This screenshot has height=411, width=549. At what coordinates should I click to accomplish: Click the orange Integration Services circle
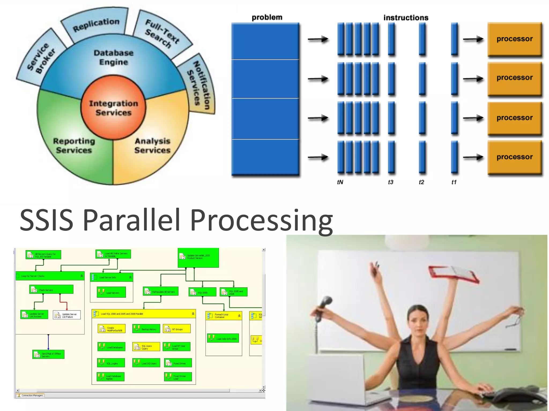point(113,108)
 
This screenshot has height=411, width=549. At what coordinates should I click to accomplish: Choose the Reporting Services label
point(74,146)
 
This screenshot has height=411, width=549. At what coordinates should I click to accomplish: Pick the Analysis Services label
point(153,146)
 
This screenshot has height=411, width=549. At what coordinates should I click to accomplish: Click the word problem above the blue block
point(267,17)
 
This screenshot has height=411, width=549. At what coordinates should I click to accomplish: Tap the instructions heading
point(406,18)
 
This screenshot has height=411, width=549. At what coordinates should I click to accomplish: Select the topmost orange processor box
point(514,39)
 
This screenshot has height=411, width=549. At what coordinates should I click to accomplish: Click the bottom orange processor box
point(514,157)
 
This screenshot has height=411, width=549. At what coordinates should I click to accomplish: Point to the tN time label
point(340,182)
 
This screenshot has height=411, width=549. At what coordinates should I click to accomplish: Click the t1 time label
point(454,182)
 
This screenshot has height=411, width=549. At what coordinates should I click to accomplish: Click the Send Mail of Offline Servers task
point(49,355)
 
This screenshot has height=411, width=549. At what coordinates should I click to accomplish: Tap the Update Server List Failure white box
point(67,315)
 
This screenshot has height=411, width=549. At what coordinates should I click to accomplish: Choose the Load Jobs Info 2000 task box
point(223,338)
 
